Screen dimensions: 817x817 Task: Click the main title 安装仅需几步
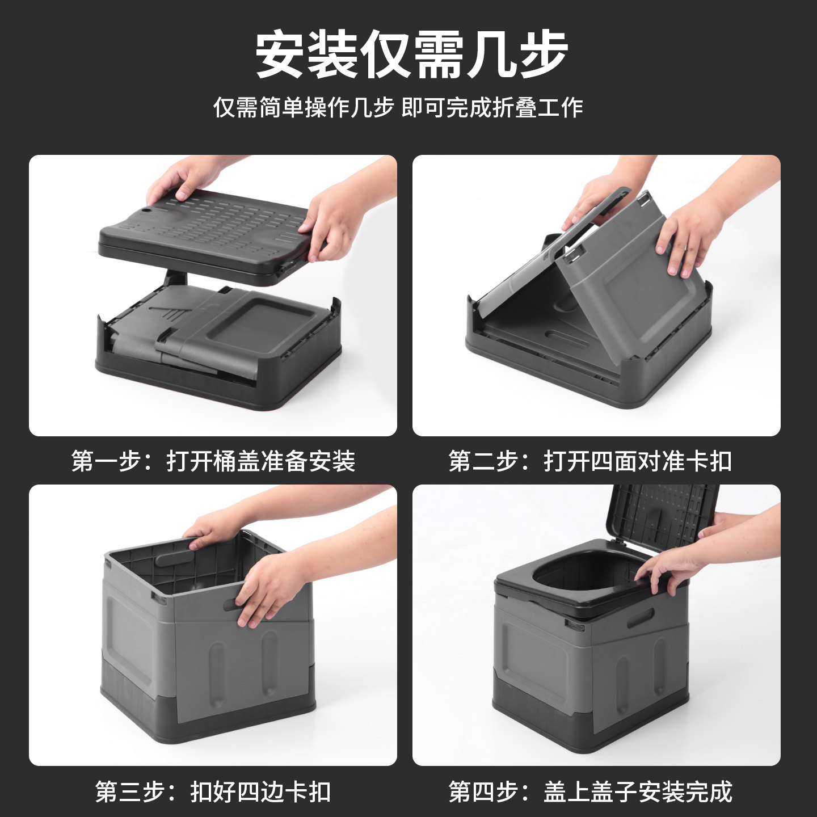click(x=411, y=56)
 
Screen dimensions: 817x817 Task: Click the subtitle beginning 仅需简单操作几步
click(x=398, y=107)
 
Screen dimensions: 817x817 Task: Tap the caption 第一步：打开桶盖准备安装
click(x=213, y=461)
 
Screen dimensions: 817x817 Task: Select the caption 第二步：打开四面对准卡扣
click(x=590, y=461)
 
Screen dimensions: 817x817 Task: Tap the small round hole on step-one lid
click(x=147, y=210)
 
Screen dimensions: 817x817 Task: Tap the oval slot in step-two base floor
click(x=567, y=339)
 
